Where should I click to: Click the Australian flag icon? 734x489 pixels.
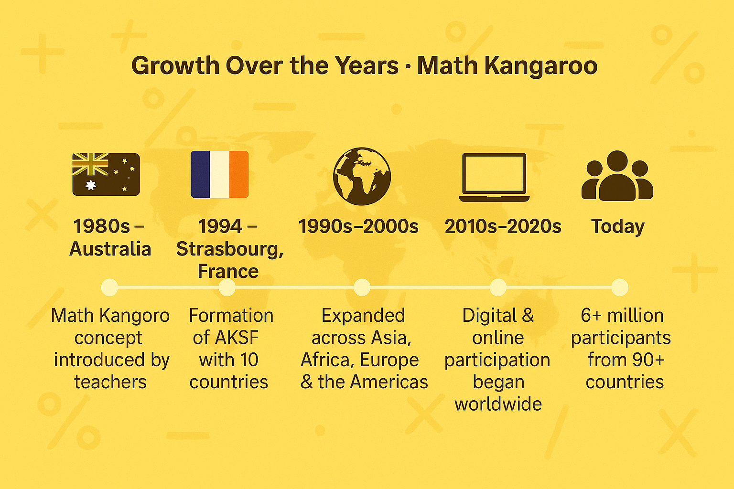point(106,174)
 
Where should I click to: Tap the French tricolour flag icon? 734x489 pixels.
point(219,174)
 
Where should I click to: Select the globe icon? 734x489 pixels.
point(362,176)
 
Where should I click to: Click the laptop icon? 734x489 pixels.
point(494,177)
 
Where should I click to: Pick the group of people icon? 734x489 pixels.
point(617,176)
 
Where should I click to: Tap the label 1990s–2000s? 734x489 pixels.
point(358,226)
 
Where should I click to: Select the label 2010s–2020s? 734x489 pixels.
point(503,226)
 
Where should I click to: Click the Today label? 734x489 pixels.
point(618,226)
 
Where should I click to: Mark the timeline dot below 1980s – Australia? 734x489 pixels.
point(109,287)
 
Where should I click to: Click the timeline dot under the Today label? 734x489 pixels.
point(620,287)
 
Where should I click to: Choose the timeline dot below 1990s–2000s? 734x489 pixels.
point(362,287)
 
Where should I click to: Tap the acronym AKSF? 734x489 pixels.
point(237,338)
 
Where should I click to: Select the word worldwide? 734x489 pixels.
point(498,404)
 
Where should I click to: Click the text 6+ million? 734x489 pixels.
point(622,316)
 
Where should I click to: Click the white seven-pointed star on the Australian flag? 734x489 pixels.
point(90,185)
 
